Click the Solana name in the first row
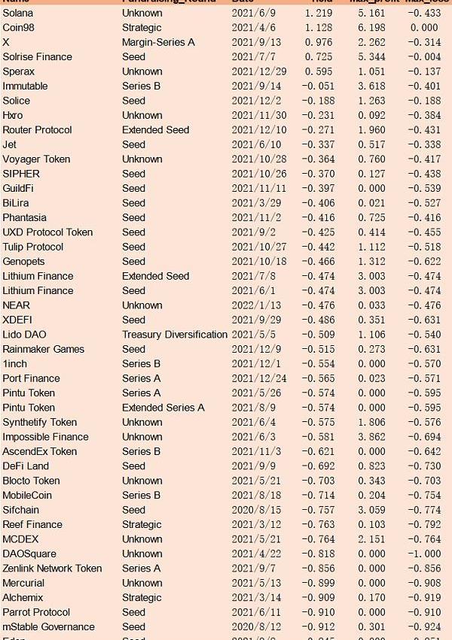[17, 13]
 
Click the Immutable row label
[25, 86]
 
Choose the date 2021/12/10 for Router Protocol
[258, 130]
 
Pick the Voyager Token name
[36, 159]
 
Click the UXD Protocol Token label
[47, 232]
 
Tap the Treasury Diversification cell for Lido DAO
[175, 334]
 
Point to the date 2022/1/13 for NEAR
[255, 305]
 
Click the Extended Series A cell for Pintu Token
[163, 408]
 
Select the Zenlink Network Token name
[52, 569]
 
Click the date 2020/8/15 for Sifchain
[255, 510]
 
